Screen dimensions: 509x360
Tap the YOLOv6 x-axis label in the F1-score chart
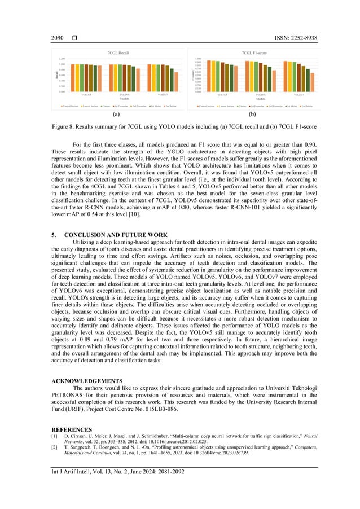click(260, 94)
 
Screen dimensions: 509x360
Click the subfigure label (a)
click(116, 114)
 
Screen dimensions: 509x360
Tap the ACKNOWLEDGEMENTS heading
click(86, 381)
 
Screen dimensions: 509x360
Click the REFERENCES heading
click(72, 429)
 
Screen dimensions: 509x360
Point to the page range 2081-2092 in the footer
click(167, 471)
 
